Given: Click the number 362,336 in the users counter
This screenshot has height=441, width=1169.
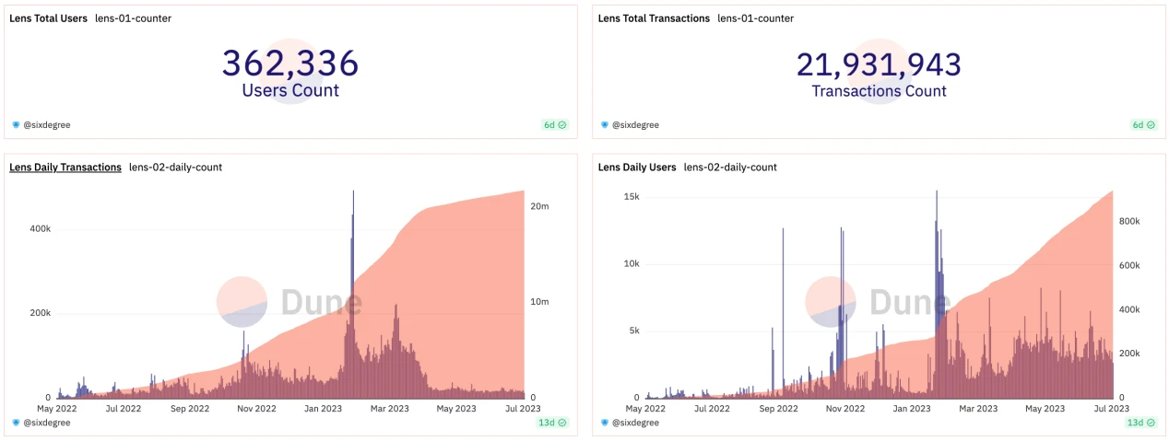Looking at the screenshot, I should (289, 63).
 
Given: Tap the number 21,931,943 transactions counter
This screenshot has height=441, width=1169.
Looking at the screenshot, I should (879, 64).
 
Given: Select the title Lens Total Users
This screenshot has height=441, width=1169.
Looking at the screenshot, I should (49, 18).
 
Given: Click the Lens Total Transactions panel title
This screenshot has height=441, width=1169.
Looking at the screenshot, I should (654, 18).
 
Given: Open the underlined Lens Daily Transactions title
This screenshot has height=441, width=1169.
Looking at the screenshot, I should (65, 168).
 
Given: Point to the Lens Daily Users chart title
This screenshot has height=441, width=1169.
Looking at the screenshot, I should (637, 168).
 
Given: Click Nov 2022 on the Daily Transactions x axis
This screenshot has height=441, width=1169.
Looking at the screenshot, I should (256, 409).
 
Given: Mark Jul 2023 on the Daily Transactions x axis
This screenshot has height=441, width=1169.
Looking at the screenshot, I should (522, 409).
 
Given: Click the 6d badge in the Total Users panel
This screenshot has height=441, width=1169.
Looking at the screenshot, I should (554, 124).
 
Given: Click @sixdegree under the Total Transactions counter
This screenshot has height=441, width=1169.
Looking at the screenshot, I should (634, 124).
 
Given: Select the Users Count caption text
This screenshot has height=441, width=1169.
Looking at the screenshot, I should (290, 91).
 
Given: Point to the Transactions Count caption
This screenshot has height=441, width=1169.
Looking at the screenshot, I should (879, 91).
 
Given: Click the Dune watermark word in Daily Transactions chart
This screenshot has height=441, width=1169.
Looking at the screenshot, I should (321, 302).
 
